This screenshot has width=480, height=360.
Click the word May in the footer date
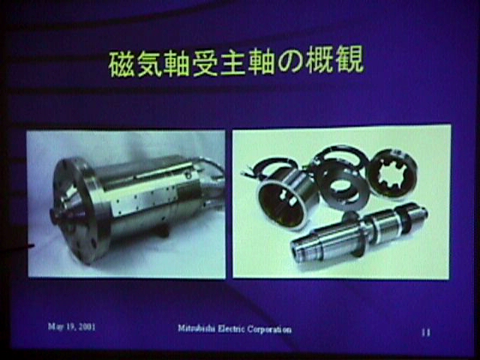pos(55,327)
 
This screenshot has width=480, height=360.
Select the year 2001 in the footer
pos(87,327)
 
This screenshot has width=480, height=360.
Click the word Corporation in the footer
pos(269,329)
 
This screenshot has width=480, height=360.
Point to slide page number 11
pos(426,332)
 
